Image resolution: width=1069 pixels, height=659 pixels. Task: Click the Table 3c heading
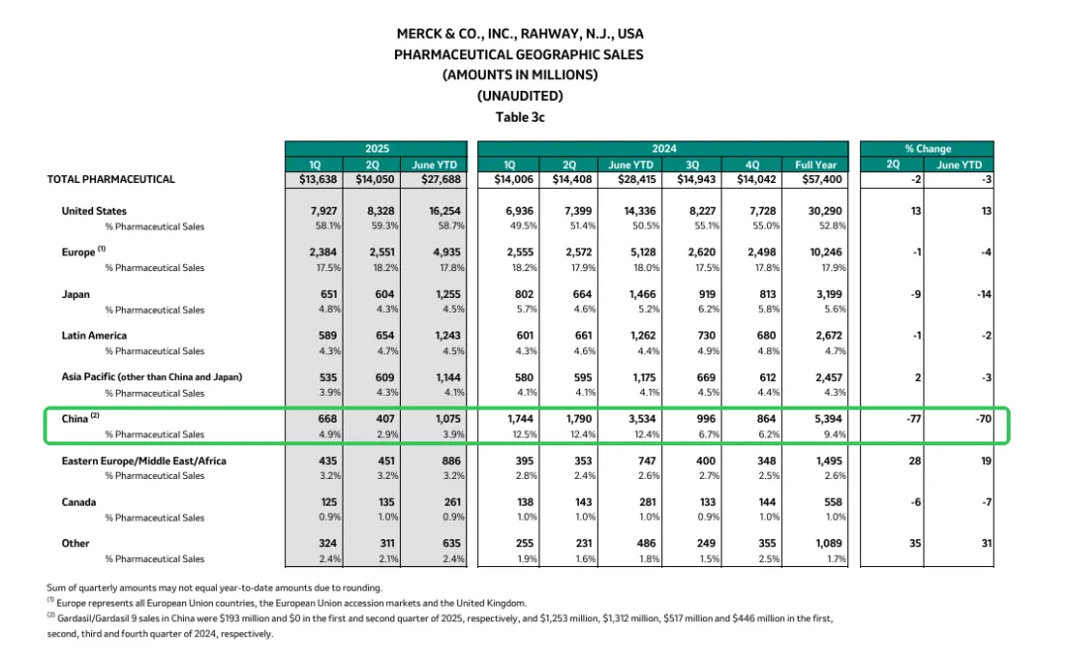click(x=520, y=117)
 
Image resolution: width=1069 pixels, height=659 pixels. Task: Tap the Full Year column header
click(x=816, y=164)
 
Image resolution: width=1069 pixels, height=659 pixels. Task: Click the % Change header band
click(x=927, y=148)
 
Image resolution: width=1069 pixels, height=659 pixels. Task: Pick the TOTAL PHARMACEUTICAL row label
click(x=111, y=179)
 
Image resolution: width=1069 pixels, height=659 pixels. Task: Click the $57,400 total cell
click(x=818, y=179)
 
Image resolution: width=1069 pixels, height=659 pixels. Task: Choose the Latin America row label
click(x=94, y=335)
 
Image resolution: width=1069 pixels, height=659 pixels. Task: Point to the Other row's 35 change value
click(x=917, y=543)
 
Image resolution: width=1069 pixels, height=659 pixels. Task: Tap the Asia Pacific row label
click(x=151, y=377)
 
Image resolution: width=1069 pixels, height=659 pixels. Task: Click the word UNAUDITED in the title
click(x=520, y=96)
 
